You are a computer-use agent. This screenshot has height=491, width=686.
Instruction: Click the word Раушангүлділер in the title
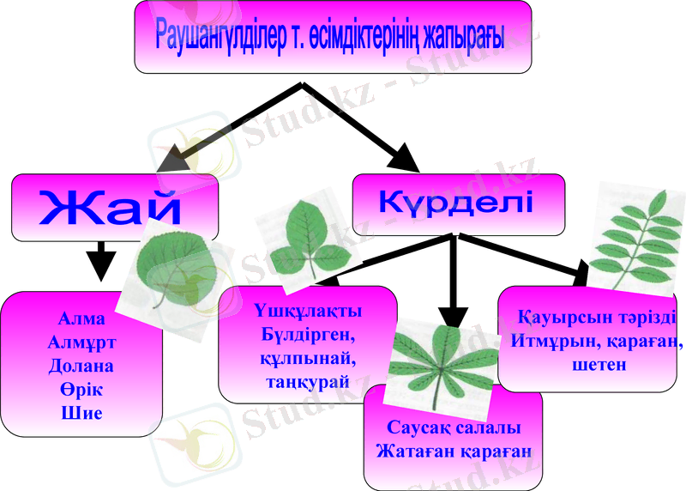[x=214, y=36]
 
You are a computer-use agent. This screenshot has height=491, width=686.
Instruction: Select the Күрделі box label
[x=457, y=203]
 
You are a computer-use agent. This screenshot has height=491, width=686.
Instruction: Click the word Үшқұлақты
[x=308, y=310]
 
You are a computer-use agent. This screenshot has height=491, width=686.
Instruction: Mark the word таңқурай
[x=308, y=381]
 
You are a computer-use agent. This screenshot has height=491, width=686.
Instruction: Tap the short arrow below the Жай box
[x=101, y=260]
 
